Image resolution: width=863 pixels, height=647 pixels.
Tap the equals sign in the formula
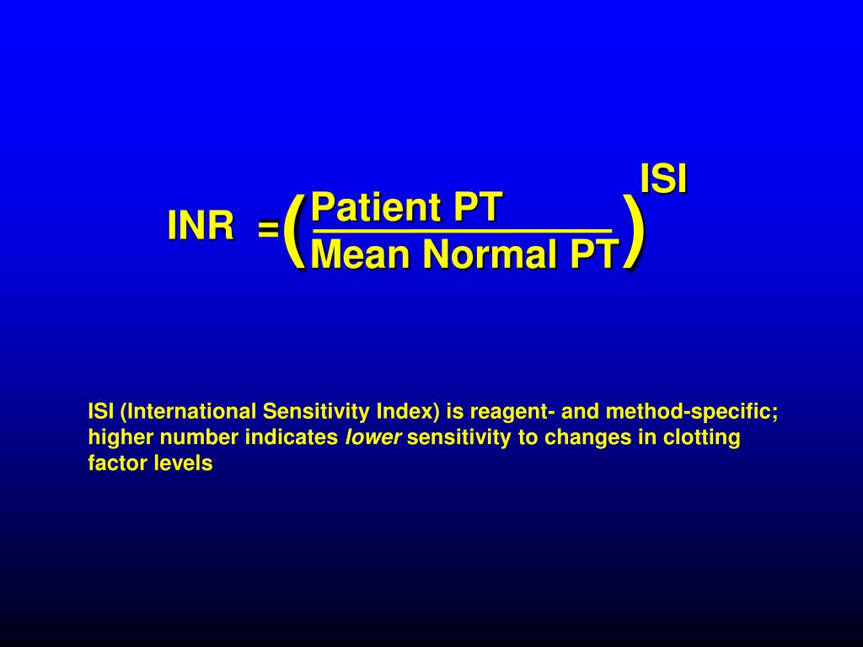[x=268, y=228]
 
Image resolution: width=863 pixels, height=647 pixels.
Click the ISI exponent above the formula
[x=663, y=179]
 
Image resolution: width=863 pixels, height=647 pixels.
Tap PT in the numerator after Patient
[x=479, y=207]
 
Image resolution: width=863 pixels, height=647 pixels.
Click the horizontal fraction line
[x=461, y=230]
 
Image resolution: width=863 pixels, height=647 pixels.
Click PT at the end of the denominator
[x=593, y=254]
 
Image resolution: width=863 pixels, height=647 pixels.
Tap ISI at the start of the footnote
[x=101, y=412]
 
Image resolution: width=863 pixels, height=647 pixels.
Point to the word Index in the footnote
[x=408, y=412]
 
